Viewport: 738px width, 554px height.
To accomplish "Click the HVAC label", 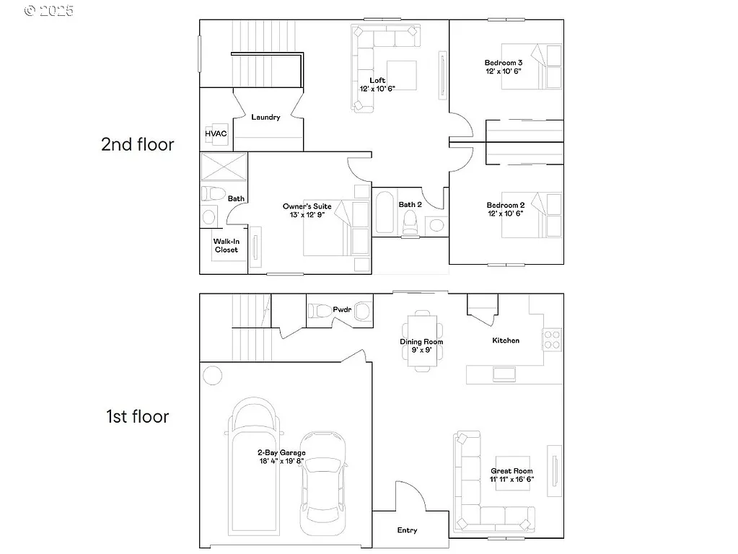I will coord(216,134).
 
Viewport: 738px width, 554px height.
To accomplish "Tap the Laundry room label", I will coord(265,118).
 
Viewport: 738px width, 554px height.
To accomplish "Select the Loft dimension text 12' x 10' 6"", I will coord(377,89).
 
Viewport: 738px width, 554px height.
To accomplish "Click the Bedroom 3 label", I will coord(504,63).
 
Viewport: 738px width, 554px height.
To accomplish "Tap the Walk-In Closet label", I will coord(226,246).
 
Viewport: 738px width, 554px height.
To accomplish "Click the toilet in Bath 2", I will coord(410,222).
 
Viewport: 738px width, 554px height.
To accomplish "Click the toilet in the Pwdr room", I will coord(320,311).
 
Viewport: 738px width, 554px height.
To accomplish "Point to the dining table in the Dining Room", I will coord(421,340).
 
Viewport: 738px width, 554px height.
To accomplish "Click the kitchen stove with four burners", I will coord(552,339).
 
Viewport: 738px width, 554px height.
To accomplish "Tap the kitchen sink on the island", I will coord(503,374).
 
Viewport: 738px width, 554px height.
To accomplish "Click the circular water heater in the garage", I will coord(212,375).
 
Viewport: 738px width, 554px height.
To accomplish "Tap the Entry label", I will coord(407,530).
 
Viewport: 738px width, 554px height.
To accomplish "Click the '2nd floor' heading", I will coord(137,144).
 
